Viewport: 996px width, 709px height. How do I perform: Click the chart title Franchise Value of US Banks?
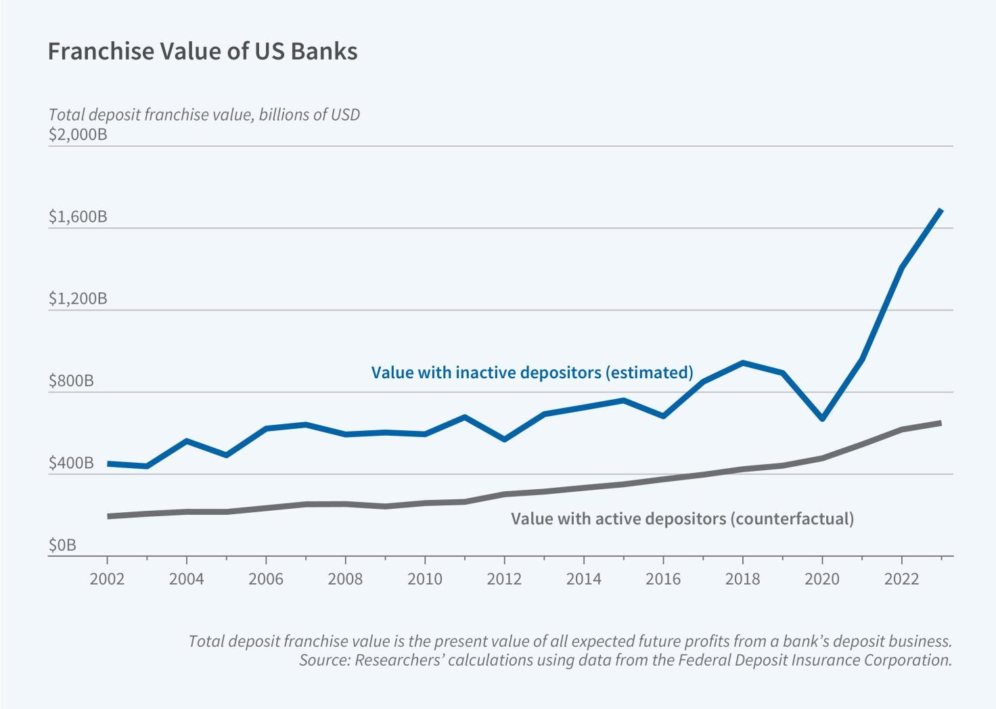point(202,51)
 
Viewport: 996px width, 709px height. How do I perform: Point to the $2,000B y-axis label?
point(78,134)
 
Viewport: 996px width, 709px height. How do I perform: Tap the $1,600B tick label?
point(78,216)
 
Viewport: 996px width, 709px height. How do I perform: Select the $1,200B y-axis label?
point(78,298)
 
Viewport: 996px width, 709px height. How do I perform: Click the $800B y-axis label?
point(71,381)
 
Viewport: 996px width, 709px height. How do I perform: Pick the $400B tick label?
point(71,463)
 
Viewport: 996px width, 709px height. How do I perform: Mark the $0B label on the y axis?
point(62,545)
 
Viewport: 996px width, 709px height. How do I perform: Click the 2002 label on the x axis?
point(108,579)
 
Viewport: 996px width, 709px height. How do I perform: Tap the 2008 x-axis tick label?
point(345,579)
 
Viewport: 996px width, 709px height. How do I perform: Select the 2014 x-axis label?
point(583,579)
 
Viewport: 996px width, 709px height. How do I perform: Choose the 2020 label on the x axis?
point(822,579)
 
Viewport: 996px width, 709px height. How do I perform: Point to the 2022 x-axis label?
point(901,579)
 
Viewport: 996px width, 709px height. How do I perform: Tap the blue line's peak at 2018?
point(743,363)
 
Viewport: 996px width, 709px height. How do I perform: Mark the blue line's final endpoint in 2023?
point(941,210)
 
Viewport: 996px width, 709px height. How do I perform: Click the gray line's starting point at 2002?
point(108,516)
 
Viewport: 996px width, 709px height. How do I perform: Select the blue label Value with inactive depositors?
point(532,372)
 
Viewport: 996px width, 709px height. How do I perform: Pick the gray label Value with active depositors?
point(682,519)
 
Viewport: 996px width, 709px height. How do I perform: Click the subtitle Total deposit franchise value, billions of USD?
point(204,114)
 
